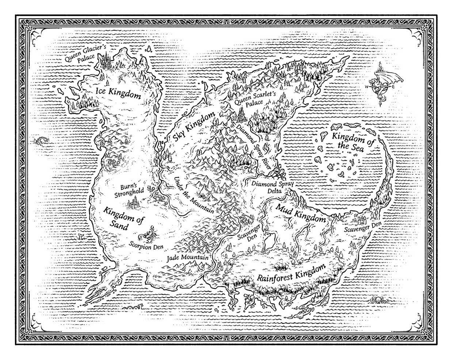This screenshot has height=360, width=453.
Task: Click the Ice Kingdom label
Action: pyautogui.click(x=118, y=93)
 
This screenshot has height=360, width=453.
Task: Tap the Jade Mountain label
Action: pyautogui.click(x=187, y=258)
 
